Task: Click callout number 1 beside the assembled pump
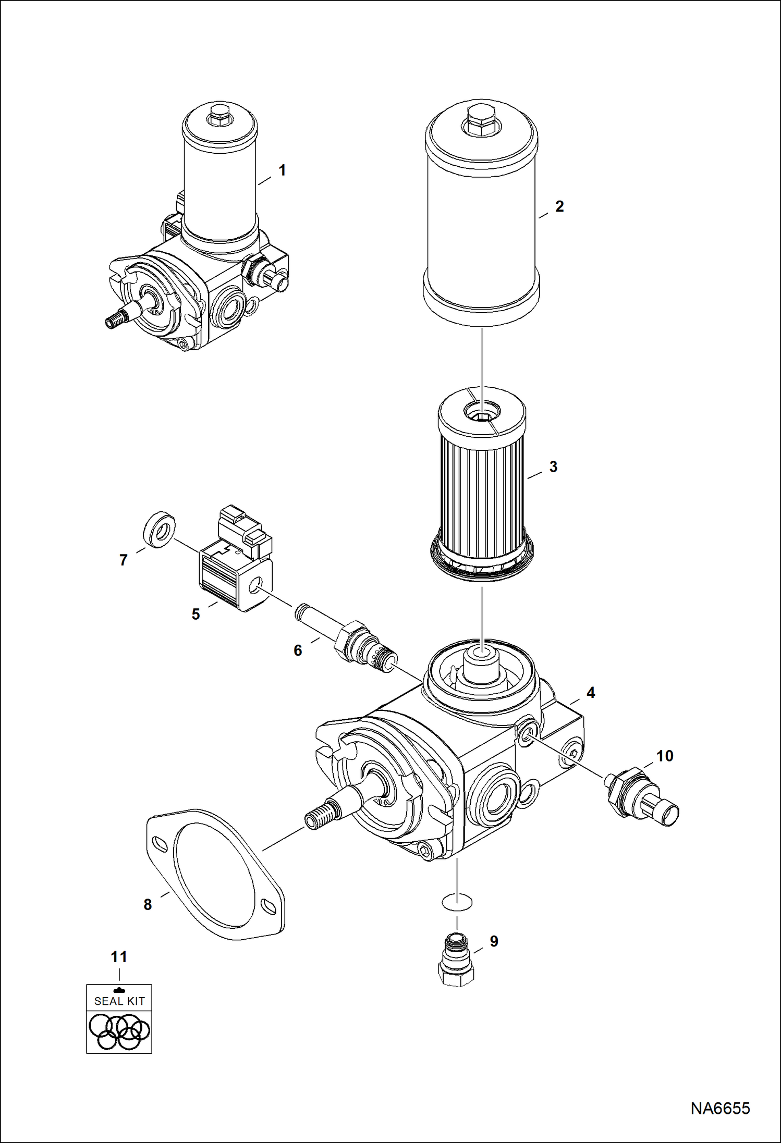click(x=282, y=170)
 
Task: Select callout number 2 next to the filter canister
click(x=559, y=206)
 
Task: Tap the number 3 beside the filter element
click(x=553, y=466)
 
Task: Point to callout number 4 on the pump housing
click(x=591, y=693)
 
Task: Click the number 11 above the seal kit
click(x=119, y=957)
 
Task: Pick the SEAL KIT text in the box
click(x=119, y=1001)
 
